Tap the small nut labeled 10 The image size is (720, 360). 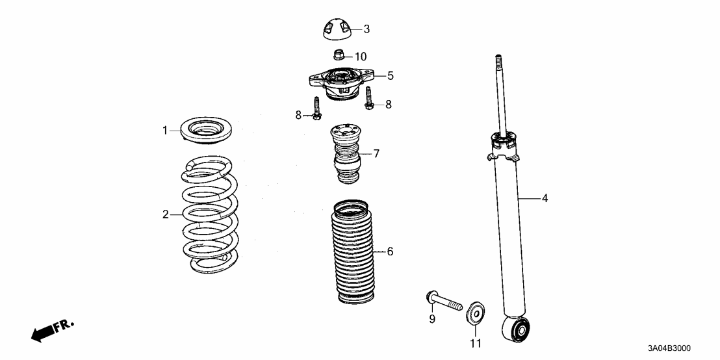(x=339, y=55)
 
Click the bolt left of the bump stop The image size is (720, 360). (x=317, y=109)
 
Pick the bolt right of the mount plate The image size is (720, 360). (x=368, y=99)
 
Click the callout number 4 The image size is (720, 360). (x=545, y=198)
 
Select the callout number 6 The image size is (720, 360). (x=390, y=251)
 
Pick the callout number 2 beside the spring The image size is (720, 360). (x=165, y=214)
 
